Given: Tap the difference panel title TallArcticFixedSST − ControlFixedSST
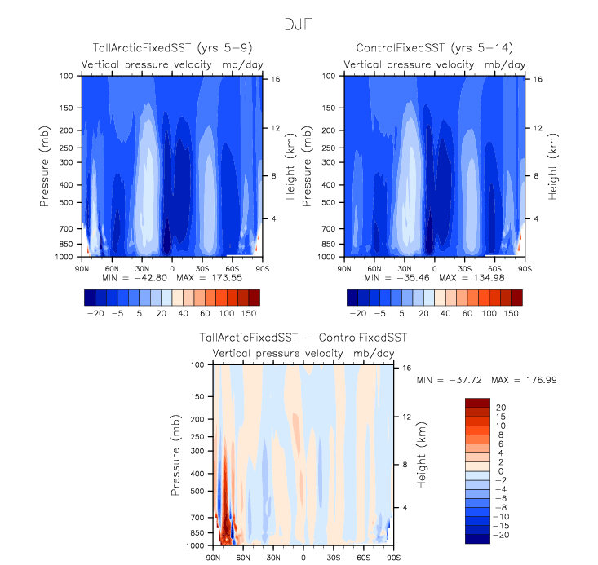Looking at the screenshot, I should [303, 337].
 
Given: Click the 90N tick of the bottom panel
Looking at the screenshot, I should [214, 557].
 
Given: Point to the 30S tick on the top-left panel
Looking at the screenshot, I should [202, 267].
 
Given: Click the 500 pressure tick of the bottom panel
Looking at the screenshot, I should [197, 491].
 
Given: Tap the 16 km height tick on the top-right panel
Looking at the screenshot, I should [537, 78].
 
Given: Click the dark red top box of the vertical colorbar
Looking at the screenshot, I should [476, 403].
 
